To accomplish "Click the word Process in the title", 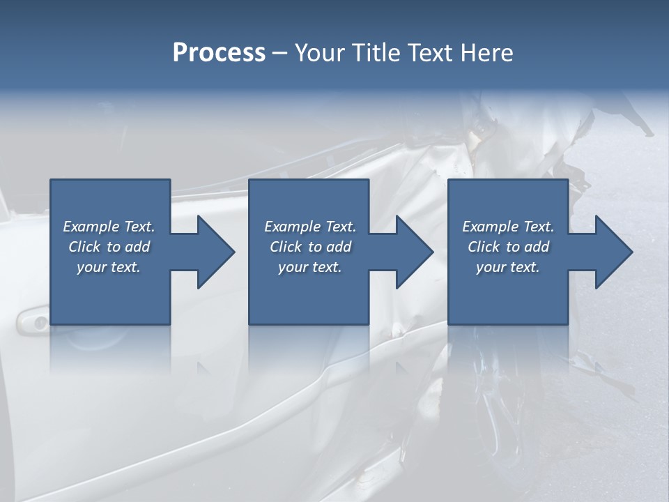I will pos(219,53).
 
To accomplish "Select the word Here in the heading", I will pos(486,53).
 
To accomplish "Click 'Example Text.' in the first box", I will pos(109,227).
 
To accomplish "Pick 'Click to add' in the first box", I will pos(109,247).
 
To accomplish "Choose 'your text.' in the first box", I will pos(109,267).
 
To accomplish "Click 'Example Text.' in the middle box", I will pos(310,227).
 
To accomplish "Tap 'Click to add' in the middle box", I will pos(310,247).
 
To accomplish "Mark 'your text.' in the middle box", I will pos(310,267).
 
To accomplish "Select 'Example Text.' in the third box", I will pos(508,227).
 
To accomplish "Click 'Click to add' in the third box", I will pos(508,247).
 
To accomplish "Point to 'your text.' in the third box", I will pos(508,267).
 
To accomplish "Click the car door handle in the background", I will pos(31,320).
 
